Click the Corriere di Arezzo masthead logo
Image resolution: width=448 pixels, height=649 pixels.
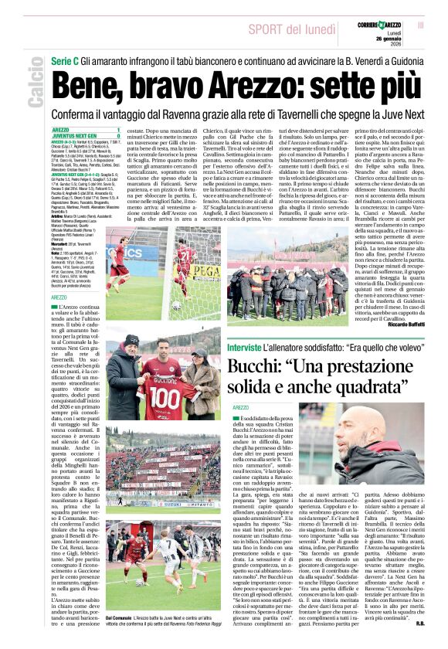[x=384, y=26]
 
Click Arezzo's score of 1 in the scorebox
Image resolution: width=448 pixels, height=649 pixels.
[x=117, y=130]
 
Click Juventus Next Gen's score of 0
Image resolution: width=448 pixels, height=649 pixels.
[x=117, y=136]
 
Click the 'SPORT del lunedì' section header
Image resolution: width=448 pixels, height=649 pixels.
[x=296, y=29]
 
